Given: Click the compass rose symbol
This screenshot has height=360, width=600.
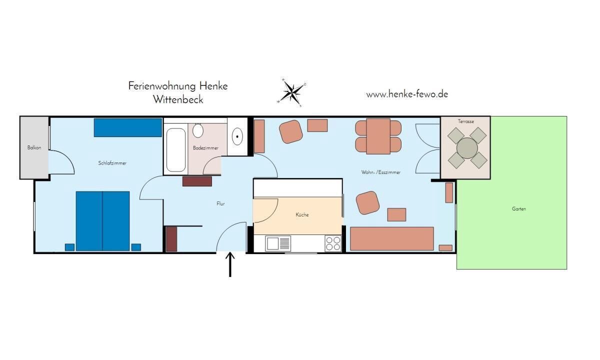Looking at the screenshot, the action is pyautogui.click(x=291, y=92).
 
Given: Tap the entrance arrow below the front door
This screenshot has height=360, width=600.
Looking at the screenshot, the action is pyautogui.click(x=230, y=264).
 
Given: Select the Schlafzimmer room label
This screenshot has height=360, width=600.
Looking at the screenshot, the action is pyautogui.click(x=112, y=163).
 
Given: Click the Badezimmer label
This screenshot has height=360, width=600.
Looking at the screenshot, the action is pyautogui.click(x=205, y=148).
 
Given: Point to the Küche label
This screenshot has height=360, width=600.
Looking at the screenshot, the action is pyautogui.click(x=302, y=214).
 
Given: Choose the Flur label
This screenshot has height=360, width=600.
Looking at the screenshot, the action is pyautogui.click(x=220, y=203).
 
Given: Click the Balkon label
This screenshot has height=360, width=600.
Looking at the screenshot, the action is pyautogui.click(x=34, y=147).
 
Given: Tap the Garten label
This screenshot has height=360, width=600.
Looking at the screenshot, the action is pyautogui.click(x=519, y=208).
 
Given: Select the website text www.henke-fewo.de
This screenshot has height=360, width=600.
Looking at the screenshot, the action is pyautogui.click(x=407, y=94).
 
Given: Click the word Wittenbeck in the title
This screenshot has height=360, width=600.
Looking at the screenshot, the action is pyautogui.click(x=178, y=99).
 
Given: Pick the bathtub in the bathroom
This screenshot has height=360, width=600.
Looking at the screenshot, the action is pyautogui.click(x=176, y=149).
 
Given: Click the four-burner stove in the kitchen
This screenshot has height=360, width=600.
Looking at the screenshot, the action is pyautogui.click(x=333, y=243).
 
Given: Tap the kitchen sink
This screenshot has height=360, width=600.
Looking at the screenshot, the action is pyautogui.click(x=278, y=243).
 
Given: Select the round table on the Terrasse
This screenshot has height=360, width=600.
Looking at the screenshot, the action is pyautogui.click(x=467, y=148).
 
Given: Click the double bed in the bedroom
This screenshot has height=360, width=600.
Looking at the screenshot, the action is pyautogui.click(x=102, y=221).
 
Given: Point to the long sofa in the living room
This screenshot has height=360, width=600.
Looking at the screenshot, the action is pyautogui.click(x=392, y=238).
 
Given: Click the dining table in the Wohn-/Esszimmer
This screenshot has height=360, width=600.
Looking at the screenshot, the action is pyautogui.click(x=378, y=136).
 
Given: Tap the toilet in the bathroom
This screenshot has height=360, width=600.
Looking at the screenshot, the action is pyautogui.click(x=198, y=130).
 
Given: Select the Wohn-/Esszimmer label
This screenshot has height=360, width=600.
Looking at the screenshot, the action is pyautogui.click(x=381, y=172).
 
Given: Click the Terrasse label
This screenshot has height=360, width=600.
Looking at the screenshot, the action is pyautogui.click(x=466, y=121).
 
